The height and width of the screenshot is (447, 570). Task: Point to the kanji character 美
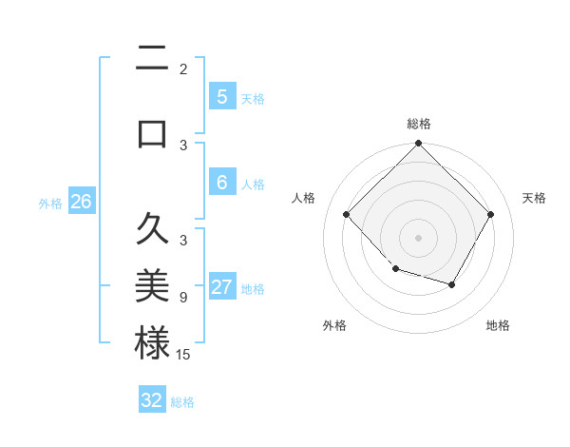coord(152,285)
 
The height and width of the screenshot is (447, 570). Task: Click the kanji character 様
coord(152,343)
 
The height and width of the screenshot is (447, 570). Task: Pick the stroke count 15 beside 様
coord(184,355)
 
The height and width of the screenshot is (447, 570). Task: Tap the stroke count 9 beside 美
coord(183,297)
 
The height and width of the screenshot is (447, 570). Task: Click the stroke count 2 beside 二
coord(183,69)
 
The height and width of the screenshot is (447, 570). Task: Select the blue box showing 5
coord(221,96)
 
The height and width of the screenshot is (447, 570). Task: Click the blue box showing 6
coord(221,183)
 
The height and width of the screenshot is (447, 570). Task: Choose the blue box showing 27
coord(221,287)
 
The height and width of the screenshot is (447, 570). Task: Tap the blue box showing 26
coord(81,201)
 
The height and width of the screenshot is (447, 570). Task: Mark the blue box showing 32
coord(152,399)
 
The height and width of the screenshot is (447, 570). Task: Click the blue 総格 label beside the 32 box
coord(182,402)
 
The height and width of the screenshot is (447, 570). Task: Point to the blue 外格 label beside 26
coord(50,204)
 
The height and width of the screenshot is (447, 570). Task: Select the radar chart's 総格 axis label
coord(418,124)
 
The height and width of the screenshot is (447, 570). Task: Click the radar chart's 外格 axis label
coord(334,325)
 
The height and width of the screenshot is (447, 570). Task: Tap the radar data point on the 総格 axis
coord(418,145)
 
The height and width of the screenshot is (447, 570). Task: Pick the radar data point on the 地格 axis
coord(452,284)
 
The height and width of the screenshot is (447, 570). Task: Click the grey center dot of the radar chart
coord(418,237)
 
